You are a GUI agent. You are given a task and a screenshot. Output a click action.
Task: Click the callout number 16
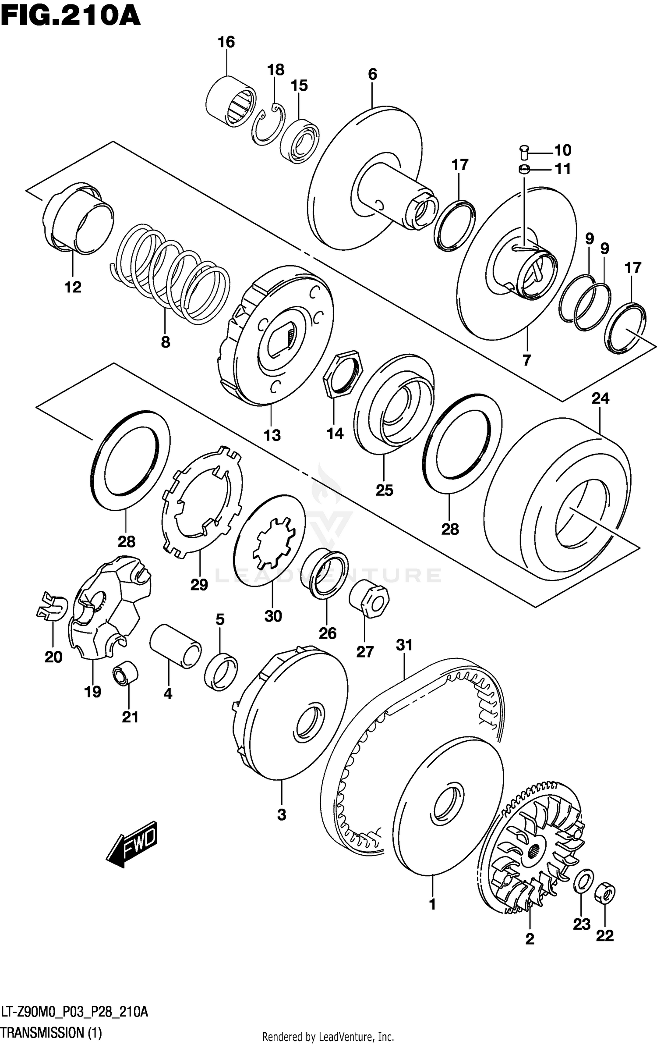pos(226,42)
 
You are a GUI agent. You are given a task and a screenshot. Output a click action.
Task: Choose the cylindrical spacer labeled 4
pos(175,646)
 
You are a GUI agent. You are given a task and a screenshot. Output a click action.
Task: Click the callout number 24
pos(600,398)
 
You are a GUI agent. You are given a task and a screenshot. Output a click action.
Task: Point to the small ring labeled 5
pos(221,671)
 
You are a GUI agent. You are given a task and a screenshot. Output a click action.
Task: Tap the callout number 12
pos(73,287)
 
